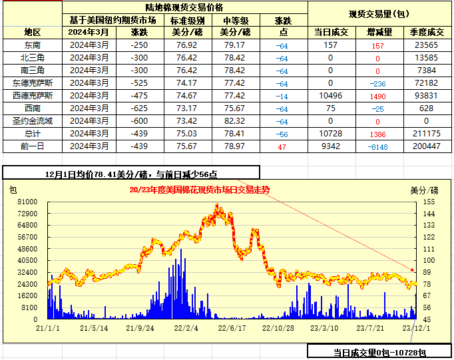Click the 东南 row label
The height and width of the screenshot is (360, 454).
(32, 45)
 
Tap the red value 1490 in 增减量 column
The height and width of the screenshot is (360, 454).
(377, 96)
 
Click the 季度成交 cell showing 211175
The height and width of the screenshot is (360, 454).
(426, 134)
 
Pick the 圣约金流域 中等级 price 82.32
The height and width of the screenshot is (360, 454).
(236, 121)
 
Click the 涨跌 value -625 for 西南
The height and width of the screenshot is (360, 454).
(139, 108)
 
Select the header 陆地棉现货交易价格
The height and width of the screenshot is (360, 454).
(186, 7)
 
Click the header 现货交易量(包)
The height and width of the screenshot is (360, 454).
(379, 14)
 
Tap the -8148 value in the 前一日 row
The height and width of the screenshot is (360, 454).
(377, 146)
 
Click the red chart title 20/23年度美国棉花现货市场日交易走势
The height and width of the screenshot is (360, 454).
(200, 190)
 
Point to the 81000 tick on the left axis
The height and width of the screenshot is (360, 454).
(27, 202)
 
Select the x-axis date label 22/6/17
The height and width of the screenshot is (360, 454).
(232, 328)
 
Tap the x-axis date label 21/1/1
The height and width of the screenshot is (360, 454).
(48, 328)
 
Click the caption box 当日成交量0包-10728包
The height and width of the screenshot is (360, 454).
(379, 352)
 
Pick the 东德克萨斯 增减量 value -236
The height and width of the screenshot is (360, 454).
(377, 83)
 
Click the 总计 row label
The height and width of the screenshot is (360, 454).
(32, 134)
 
